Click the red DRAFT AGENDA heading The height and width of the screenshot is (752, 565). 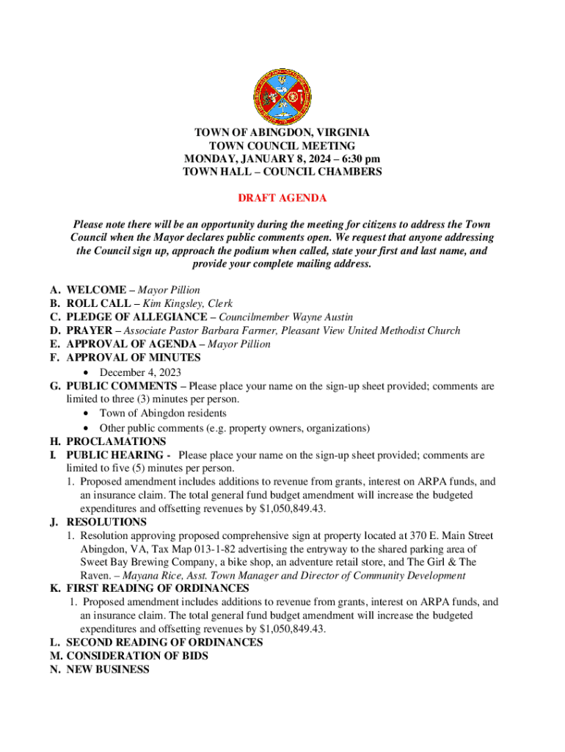click(282, 198)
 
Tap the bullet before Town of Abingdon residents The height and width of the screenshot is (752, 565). click(87, 413)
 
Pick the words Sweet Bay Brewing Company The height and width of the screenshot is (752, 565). click(142, 563)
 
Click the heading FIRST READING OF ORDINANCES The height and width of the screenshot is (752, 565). click(158, 589)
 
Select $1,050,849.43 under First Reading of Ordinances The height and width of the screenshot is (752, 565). click(293, 629)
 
